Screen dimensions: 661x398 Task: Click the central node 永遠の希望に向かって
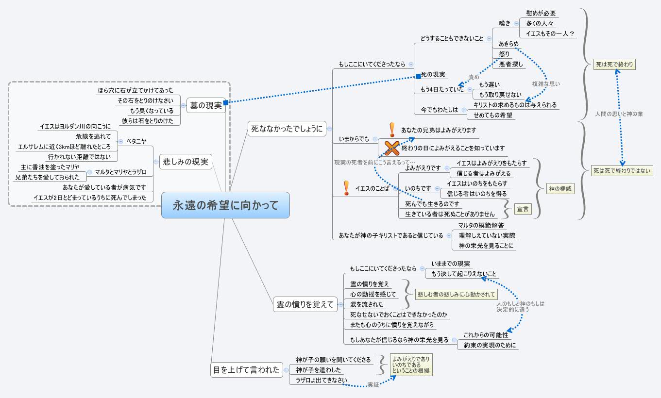pos(225,205)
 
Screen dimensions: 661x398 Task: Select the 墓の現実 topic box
pos(206,105)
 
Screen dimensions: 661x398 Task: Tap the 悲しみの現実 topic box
pos(186,162)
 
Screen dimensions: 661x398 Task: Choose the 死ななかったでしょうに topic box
pos(287,129)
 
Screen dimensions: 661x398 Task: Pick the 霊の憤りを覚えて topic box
pos(305,304)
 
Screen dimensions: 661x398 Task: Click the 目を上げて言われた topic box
pos(246,370)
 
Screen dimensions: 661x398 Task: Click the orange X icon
pos(392,148)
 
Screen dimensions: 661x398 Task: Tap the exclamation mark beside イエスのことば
pos(346,188)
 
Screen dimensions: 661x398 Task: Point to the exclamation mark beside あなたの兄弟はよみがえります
pos(392,130)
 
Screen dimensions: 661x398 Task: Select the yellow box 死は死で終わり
pos(614,64)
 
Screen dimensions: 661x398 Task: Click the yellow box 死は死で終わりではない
pos(622,171)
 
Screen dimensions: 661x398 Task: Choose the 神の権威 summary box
pos(560,189)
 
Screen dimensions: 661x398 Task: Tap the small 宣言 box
pos(523,209)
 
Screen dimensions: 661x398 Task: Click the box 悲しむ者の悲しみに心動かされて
pos(456,294)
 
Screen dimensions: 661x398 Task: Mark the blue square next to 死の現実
pos(418,76)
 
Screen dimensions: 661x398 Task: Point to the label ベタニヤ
pos(136,141)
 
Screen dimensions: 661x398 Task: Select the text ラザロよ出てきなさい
pos(322,380)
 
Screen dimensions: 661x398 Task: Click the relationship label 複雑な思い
pos(546,84)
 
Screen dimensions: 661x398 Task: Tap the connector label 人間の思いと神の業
pos(619,114)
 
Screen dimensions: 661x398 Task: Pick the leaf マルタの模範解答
pos(481,225)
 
